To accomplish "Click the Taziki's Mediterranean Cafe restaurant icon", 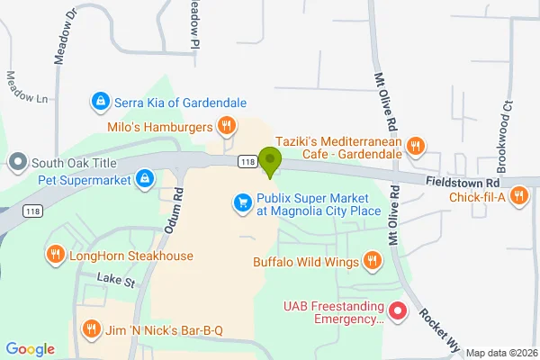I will [415, 145].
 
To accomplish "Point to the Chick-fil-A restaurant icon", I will [519, 198].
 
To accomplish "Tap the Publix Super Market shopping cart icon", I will [241, 203].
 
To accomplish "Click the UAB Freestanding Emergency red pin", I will [399, 312].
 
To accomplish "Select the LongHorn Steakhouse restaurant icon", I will [55, 256].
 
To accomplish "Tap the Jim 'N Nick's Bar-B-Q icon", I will [91, 330].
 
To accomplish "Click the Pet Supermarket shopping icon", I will [144, 179].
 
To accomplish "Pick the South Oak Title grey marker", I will [17, 163].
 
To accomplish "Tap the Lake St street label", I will [115, 283].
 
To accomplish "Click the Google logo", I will [31, 349].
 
